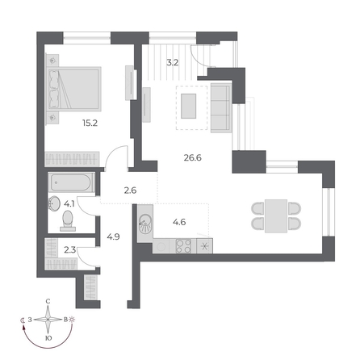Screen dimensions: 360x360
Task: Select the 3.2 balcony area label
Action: tap(172, 60)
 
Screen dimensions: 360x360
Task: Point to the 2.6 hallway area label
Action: tap(131, 190)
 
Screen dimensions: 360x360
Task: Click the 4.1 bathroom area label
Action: tap(69, 203)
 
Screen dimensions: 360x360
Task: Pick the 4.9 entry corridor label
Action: tap(113, 237)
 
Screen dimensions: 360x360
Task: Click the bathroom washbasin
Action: tap(54, 203)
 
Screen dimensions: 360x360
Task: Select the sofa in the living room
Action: tap(221, 107)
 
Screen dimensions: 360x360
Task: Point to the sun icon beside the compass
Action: tap(73, 320)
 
